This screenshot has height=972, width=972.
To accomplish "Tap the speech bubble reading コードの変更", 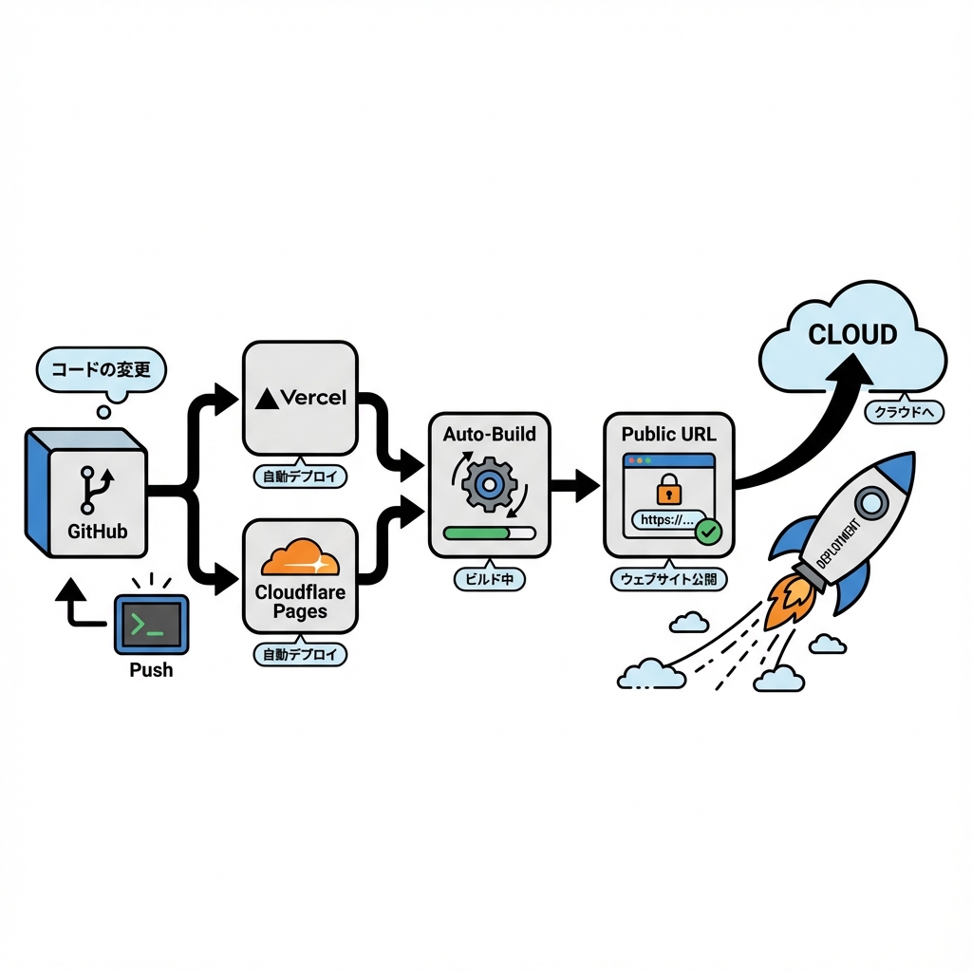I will [x=100, y=369].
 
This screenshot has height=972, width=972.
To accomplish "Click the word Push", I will [x=151, y=669].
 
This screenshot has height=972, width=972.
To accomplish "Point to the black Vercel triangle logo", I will [x=267, y=398].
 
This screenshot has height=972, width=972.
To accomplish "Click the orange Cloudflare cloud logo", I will [x=300, y=558].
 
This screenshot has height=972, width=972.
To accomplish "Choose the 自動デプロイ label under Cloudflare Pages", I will [x=300, y=654].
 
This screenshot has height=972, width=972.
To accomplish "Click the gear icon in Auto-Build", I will [x=488, y=484].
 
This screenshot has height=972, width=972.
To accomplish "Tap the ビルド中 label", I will [x=490, y=578].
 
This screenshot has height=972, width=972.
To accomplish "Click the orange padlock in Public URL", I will [x=669, y=490].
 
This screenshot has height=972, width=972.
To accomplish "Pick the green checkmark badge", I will [x=707, y=532].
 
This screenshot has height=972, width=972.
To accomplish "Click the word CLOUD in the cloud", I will [x=852, y=334].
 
